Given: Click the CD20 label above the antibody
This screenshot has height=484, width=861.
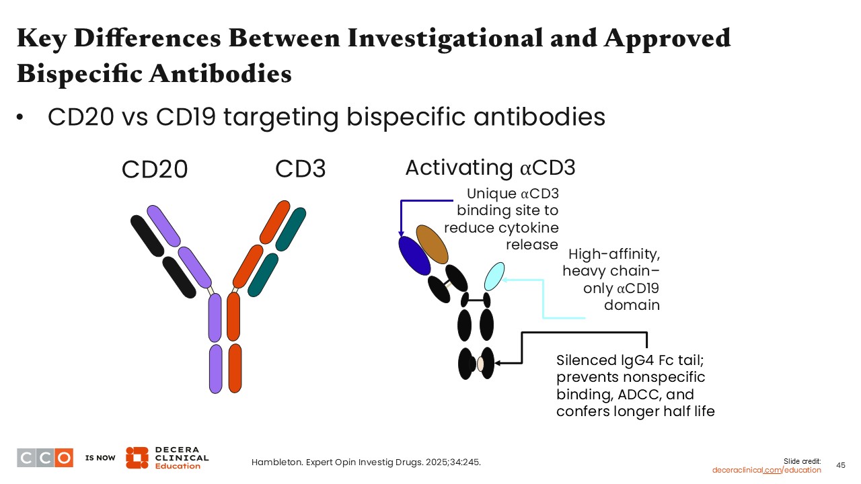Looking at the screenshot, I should point(155,170).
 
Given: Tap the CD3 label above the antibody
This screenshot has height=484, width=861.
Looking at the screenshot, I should point(300,169).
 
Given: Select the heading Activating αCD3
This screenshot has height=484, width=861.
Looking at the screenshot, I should point(490,168).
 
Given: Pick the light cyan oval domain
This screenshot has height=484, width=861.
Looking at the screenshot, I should point(494,276).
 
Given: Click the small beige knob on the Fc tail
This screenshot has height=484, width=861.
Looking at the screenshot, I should point(480,364).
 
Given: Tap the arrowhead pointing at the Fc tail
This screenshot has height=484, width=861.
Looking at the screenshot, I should point(498,363).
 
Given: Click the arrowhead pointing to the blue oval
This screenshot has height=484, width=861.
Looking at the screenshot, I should point(402,233).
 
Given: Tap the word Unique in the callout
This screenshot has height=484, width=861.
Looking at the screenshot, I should point(490,194).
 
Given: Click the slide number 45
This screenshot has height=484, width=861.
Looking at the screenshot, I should point(841,465).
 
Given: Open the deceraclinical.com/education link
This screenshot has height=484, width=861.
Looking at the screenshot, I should point(766,470).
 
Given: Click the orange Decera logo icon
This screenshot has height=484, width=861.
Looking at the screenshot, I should point(137,457).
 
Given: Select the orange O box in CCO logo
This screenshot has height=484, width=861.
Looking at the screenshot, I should point(64,458).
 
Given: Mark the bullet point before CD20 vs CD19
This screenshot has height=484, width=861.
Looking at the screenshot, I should point(21,118).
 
